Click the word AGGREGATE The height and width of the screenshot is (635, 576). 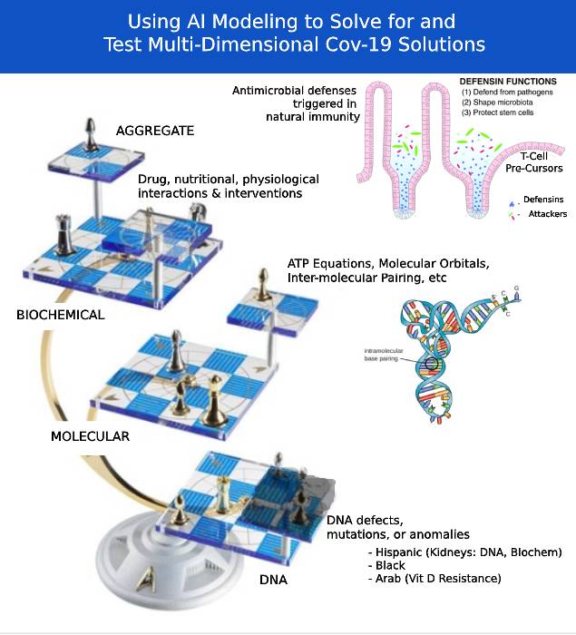(x=155, y=131)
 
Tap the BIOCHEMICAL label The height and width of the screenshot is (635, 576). (x=61, y=315)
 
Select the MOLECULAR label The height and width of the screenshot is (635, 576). (x=90, y=435)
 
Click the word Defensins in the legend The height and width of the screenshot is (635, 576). (x=543, y=199)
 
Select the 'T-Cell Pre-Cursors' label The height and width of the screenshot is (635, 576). (x=532, y=161)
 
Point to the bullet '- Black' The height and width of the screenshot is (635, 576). (x=386, y=565)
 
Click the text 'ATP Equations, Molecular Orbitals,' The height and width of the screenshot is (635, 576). (x=388, y=264)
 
